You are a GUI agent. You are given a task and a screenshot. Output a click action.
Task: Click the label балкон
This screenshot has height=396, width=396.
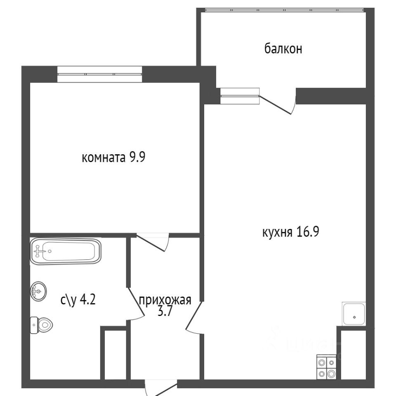coord(283,49)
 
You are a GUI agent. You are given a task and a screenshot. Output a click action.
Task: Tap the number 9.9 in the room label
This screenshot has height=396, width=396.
coord(137,157)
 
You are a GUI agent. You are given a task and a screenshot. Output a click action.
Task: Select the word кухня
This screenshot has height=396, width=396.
coord(277,232)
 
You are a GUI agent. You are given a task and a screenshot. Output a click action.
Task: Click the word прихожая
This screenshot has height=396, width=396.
coord(165,300)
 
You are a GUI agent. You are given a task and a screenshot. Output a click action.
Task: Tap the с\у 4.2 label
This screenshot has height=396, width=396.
coord(78,300)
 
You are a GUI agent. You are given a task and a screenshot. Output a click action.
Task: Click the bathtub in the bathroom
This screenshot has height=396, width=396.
coord(66,251)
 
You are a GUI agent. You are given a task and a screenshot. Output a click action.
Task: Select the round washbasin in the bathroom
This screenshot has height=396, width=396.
coord(38,291)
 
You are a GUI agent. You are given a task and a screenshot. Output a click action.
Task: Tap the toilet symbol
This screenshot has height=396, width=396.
coord(41,325)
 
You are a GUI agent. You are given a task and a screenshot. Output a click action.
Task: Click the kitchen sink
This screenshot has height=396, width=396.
coord(354,314)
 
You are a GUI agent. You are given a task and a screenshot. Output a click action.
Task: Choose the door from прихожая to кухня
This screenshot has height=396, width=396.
coord(194,318)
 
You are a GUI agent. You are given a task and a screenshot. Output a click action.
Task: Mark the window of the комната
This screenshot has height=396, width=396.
coord(99,74)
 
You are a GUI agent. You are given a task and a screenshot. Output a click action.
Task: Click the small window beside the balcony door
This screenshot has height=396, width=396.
coord(240,96)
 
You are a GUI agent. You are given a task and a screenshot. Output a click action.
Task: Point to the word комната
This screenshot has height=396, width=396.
coord(104,158)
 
